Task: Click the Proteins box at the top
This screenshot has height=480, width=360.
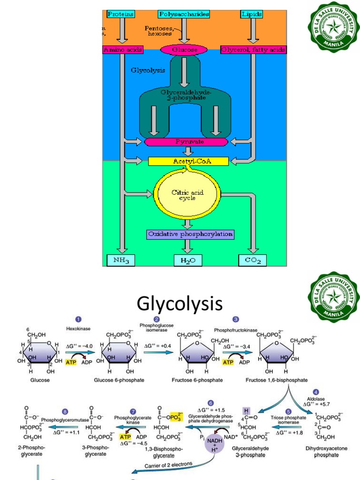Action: (120, 14)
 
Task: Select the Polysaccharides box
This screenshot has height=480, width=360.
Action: (183, 14)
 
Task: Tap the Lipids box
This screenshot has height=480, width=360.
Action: (251, 14)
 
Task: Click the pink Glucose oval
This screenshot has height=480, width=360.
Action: (183, 50)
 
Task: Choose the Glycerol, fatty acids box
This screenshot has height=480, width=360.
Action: (253, 50)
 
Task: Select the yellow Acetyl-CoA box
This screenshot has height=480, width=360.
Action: (188, 161)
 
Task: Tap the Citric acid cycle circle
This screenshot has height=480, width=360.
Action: (187, 195)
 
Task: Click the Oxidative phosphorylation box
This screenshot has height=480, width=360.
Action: (190, 234)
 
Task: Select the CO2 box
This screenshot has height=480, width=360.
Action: (253, 260)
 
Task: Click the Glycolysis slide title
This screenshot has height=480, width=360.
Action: (180, 304)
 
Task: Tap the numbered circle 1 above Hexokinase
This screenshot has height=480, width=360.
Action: (79, 319)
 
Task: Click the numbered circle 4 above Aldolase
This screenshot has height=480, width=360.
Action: (316, 392)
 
